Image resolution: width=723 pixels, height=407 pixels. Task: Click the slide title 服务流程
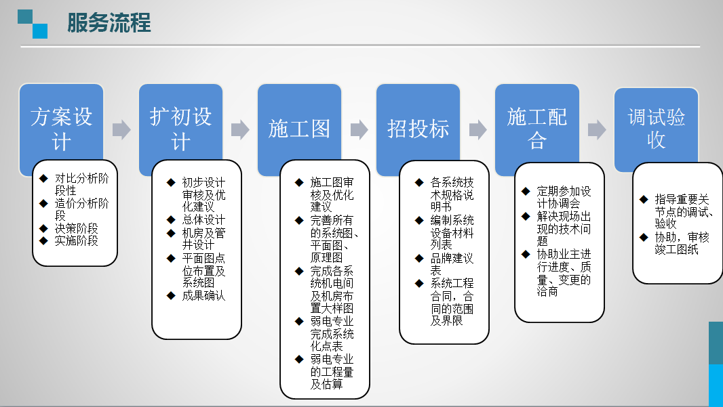pyautogui.click(x=109, y=23)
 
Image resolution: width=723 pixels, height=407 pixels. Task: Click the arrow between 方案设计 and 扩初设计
pyautogui.click(x=121, y=130)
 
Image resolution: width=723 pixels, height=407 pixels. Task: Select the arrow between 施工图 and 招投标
pyautogui.click(x=359, y=130)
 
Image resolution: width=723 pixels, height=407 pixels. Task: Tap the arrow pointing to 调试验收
pyautogui.click(x=597, y=130)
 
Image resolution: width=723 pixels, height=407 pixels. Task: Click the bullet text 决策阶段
pyautogui.click(x=76, y=228)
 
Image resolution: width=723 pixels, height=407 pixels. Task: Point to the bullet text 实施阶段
pyautogui.click(x=76, y=240)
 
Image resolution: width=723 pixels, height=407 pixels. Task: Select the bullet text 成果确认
pyautogui.click(x=203, y=295)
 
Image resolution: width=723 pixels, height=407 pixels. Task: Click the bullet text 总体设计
pyautogui.click(x=203, y=220)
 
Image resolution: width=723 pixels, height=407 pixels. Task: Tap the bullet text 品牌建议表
pyautogui.click(x=452, y=264)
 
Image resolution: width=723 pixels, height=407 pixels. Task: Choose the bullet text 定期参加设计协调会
pyautogui.click(x=563, y=197)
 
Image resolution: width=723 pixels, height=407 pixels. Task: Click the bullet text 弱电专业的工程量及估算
pyautogui.click(x=332, y=372)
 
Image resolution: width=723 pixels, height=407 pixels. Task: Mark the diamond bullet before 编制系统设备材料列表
pyautogui.click(x=419, y=220)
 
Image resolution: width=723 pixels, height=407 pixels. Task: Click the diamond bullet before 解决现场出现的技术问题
pyautogui.click(x=526, y=216)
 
